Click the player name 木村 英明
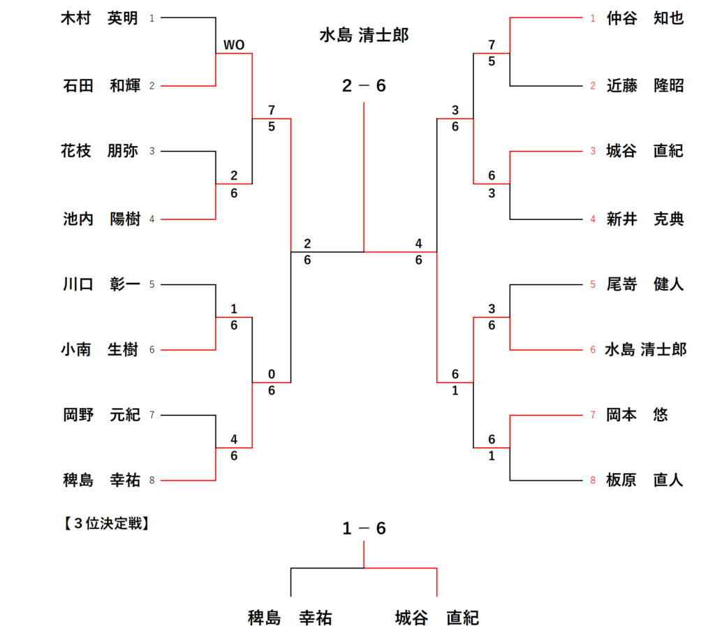tap(100, 18)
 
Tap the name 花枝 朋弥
tap(100, 151)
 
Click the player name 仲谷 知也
tap(644, 18)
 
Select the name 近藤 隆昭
tap(644, 86)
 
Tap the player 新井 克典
tap(644, 219)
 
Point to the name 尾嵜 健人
tap(644, 284)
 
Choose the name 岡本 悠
tap(636, 415)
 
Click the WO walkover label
tap(233, 45)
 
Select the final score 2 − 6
tap(364, 86)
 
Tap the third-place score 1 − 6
tap(364, 529)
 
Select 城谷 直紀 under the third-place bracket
tap(436, 618)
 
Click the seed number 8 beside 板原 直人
tap(593, 481)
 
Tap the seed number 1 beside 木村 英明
tap(152, 18)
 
